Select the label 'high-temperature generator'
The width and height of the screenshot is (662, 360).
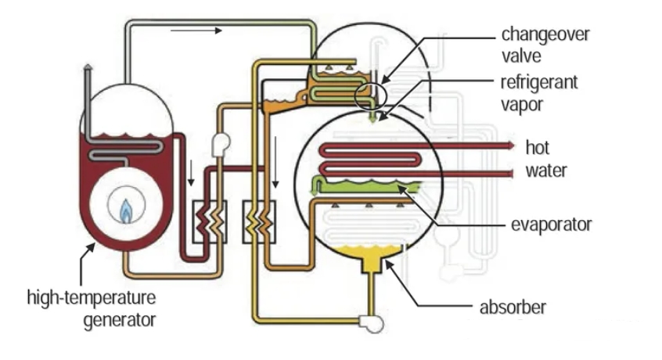(x=92, y=308)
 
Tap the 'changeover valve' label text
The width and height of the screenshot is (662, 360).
(x=545, y=45)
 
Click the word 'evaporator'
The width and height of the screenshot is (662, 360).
(x=551, y=225)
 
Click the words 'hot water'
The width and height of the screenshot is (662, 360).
(x=545, y=158)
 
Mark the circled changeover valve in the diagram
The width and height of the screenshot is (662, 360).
(x=370, y=96)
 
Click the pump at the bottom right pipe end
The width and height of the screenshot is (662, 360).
(x=365, y=320)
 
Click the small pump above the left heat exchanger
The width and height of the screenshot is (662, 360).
(x=219, y=141)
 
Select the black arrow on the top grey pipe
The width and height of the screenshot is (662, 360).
(x=196, y=31)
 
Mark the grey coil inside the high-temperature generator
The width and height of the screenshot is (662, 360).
(x=125, y=149)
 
